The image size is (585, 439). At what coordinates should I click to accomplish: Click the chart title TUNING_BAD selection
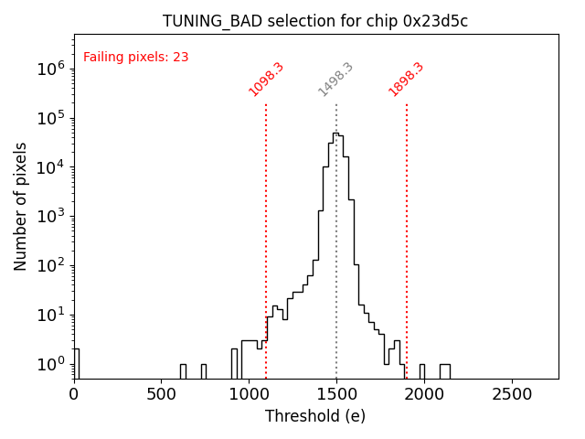(315, 21)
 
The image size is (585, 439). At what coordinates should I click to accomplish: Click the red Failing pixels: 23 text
(135, 57)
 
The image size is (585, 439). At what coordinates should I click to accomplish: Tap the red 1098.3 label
(267, 80)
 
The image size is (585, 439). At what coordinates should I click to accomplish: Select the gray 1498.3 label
(335, 80)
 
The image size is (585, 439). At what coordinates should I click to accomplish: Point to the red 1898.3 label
(407, 80)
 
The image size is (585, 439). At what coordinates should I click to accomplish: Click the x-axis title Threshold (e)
(315, 416)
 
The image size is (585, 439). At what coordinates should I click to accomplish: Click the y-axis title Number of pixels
(21, 206)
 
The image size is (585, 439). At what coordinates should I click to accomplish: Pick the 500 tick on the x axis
(162, 394)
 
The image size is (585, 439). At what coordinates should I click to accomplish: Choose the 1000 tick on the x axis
(249, 394)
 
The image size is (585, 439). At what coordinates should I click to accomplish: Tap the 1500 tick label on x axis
(336, 394)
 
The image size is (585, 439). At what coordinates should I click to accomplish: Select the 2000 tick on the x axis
(424, 394)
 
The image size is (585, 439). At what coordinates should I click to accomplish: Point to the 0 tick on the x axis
(74, 394)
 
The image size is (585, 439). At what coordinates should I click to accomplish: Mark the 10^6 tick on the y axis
(50, 69)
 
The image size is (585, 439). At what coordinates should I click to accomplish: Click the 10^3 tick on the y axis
(50, 217)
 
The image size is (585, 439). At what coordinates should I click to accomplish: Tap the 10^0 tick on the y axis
(50, 365)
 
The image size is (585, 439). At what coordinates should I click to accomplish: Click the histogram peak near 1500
(335, 134)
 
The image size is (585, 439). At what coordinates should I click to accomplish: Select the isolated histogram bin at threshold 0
(76, 363)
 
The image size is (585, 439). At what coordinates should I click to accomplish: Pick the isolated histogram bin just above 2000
(444, 370)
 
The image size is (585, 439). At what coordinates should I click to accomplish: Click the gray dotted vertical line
(336, 274)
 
